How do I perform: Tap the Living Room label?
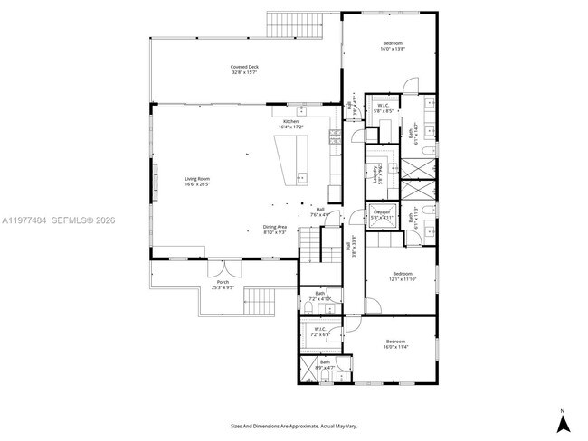point(197,181)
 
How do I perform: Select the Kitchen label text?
point(290,123)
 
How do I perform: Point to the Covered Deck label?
point(244,70)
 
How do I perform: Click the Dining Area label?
point(275,230)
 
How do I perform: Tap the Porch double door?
point(219,269)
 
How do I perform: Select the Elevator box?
point(383,215)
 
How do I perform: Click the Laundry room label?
point(375,174)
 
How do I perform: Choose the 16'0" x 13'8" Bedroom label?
point(393,46)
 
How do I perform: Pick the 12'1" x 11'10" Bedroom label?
point(403,276)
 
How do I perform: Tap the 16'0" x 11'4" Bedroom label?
point(396,343)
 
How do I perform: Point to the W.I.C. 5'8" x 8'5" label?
point(384,108)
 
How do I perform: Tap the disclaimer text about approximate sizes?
point(294,425)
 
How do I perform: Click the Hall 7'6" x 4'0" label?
point(320,212)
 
